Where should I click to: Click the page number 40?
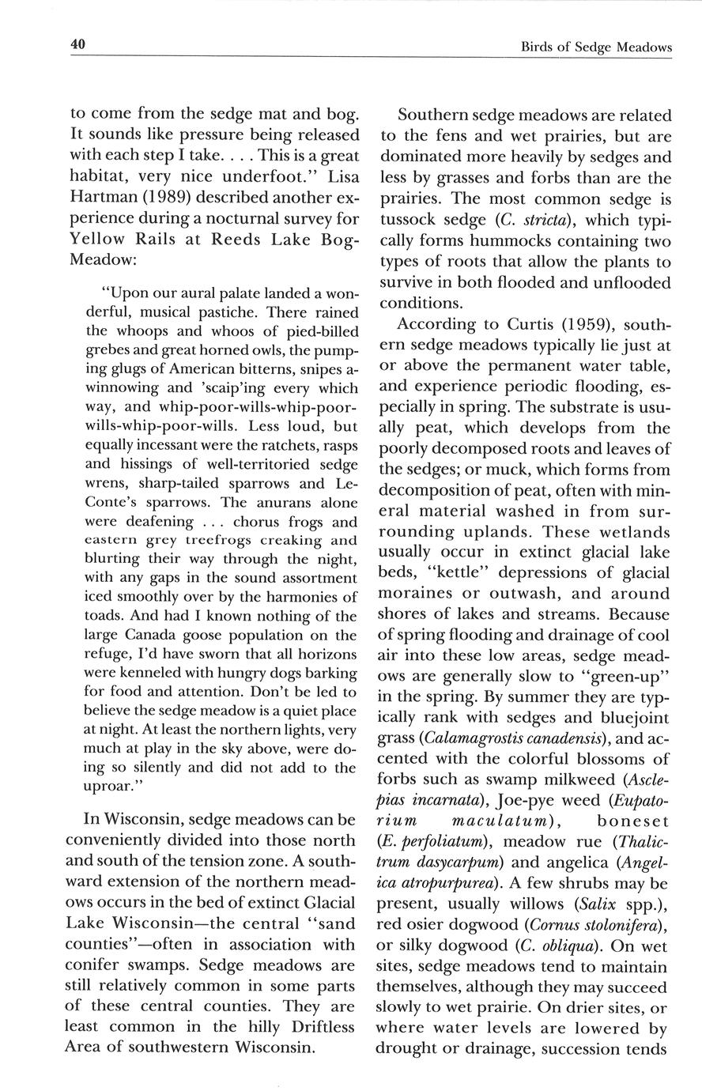click(77, 45)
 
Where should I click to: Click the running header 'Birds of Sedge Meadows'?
click(596, 47)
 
